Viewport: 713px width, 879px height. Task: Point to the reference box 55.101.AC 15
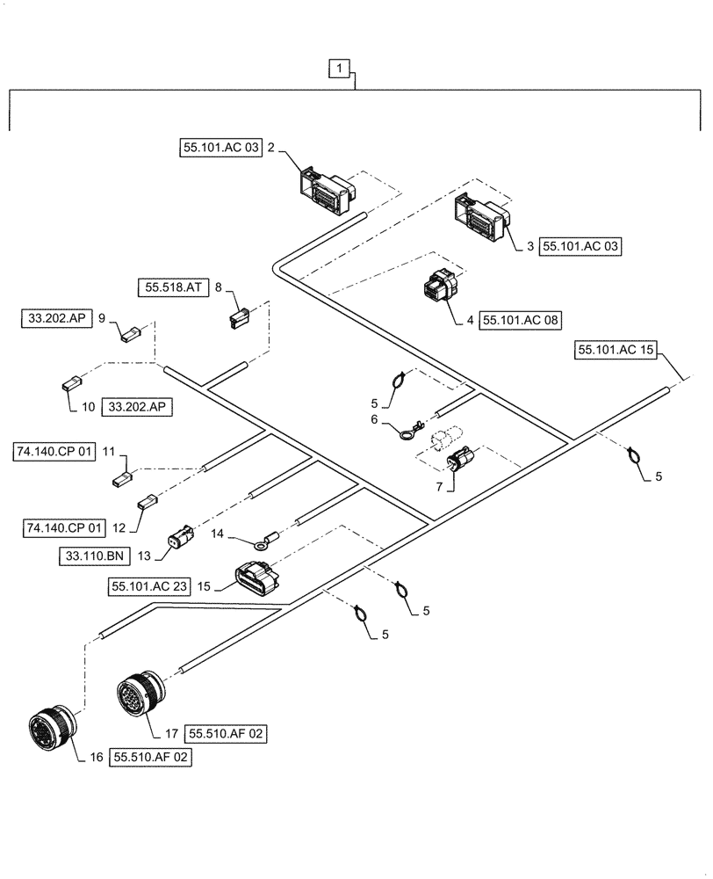tap(616, 350)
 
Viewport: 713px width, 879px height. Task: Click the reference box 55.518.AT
tap(171, 287)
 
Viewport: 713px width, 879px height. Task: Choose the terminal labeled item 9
tap(129, 333)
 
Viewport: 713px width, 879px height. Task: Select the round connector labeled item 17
tap(138, 695)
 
